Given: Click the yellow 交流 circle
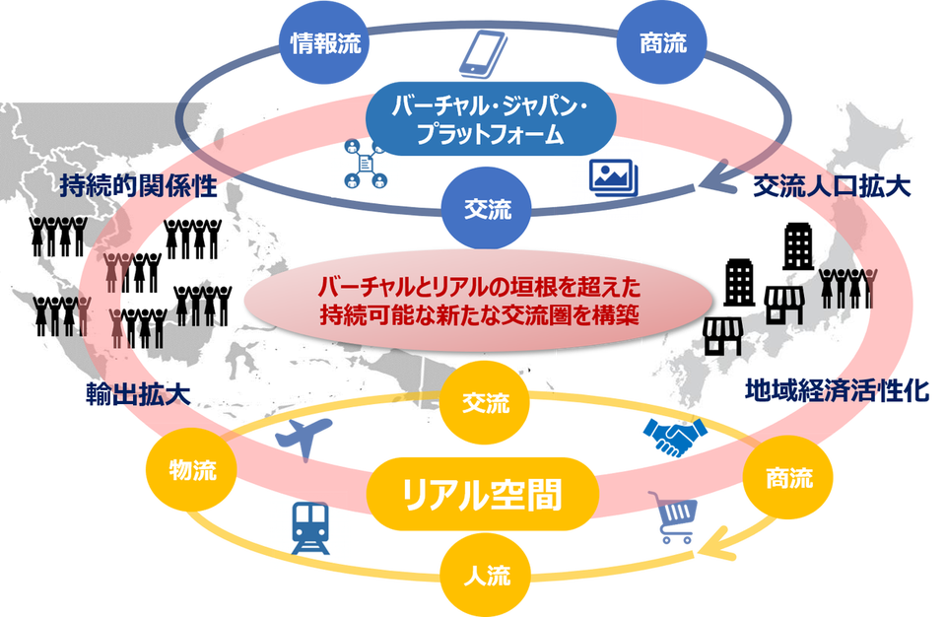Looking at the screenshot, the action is click(485, 403).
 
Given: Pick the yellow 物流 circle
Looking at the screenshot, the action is click(192, 470).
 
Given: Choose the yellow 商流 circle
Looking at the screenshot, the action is click(788, 478).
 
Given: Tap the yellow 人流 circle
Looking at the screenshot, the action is click(486, 575).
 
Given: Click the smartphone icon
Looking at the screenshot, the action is click(483, 54).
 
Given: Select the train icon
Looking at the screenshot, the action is click(310, 527).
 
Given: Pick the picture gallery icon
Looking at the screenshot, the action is click(614, 177).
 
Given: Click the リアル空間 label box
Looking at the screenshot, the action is click(483, 494).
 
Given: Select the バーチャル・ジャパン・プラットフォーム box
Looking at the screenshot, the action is click(491, 119).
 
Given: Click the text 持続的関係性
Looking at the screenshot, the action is click(138, 186).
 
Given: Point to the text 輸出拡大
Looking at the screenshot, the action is click(138, 395).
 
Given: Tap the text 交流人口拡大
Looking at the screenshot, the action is click(832, 187).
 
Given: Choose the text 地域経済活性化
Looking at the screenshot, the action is click(837, 391).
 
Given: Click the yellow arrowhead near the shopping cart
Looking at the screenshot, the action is click(716, 543).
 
